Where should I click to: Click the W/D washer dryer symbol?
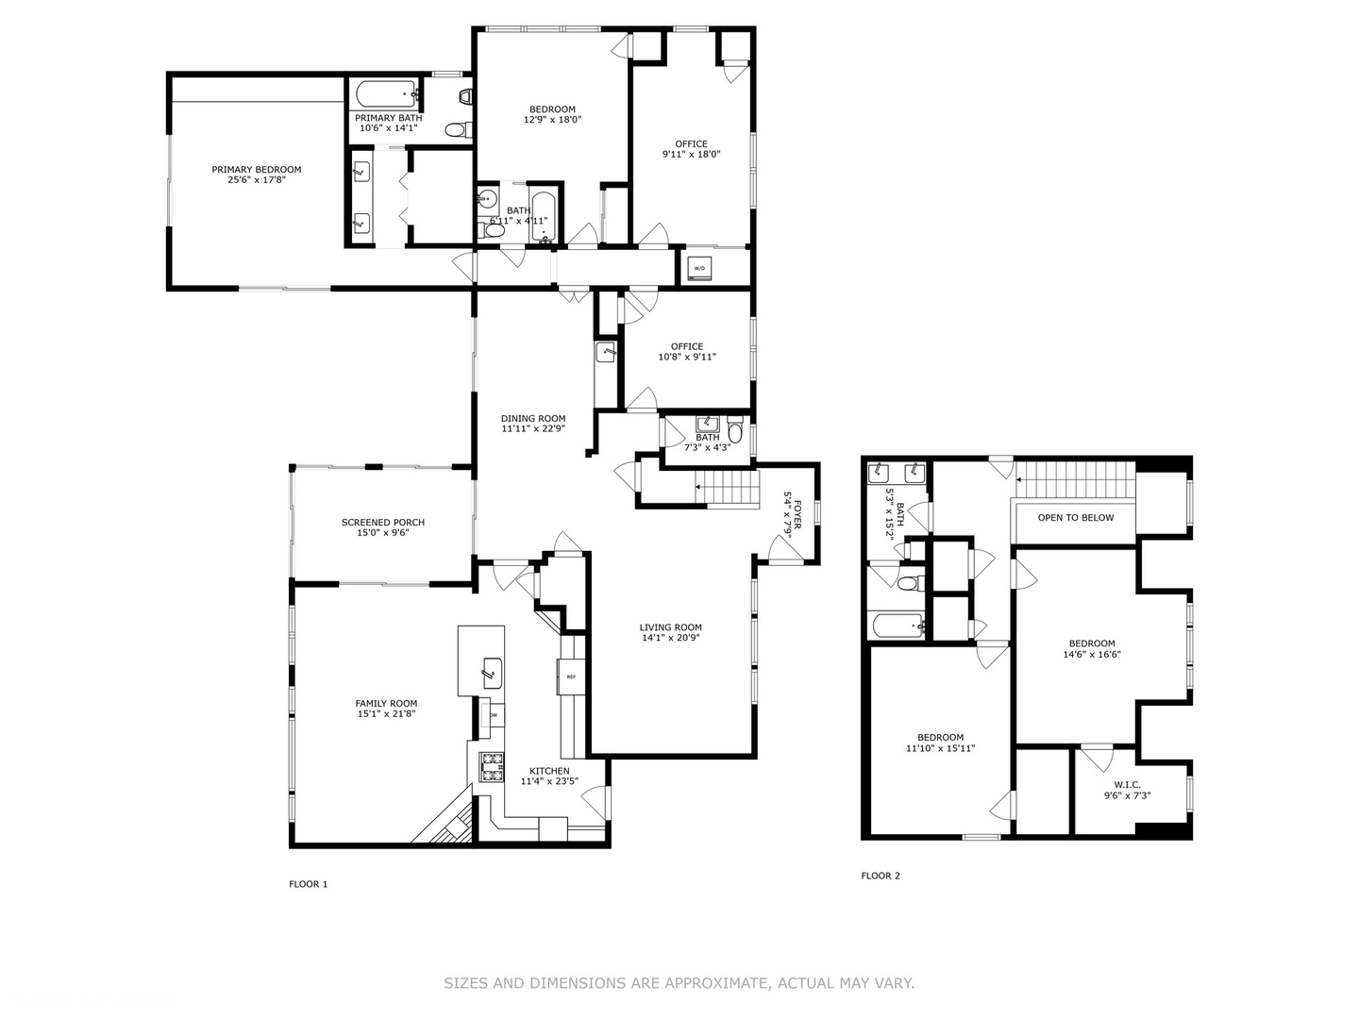699,269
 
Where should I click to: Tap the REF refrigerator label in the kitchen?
571,677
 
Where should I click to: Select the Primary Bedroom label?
256,170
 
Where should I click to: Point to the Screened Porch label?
383,523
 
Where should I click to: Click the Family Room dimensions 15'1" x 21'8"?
386,714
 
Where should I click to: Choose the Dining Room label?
533,419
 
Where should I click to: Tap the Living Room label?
670,627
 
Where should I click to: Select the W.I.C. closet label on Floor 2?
1127,784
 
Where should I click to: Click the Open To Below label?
1076,518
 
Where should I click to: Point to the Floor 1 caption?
309,884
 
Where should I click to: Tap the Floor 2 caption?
881,876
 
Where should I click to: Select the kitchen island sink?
491,673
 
